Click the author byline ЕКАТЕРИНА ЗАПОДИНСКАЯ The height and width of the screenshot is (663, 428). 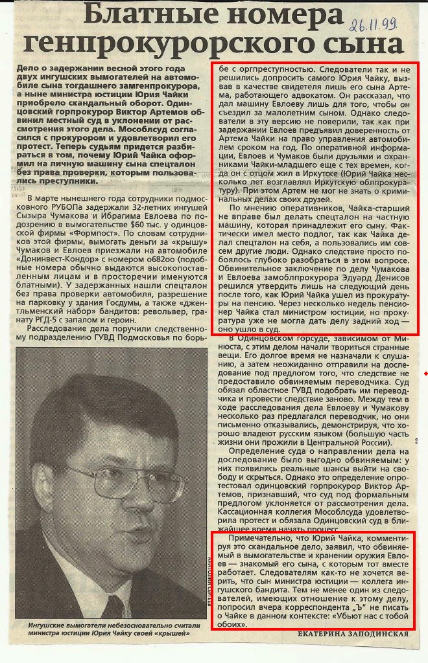tap(353, 634)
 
